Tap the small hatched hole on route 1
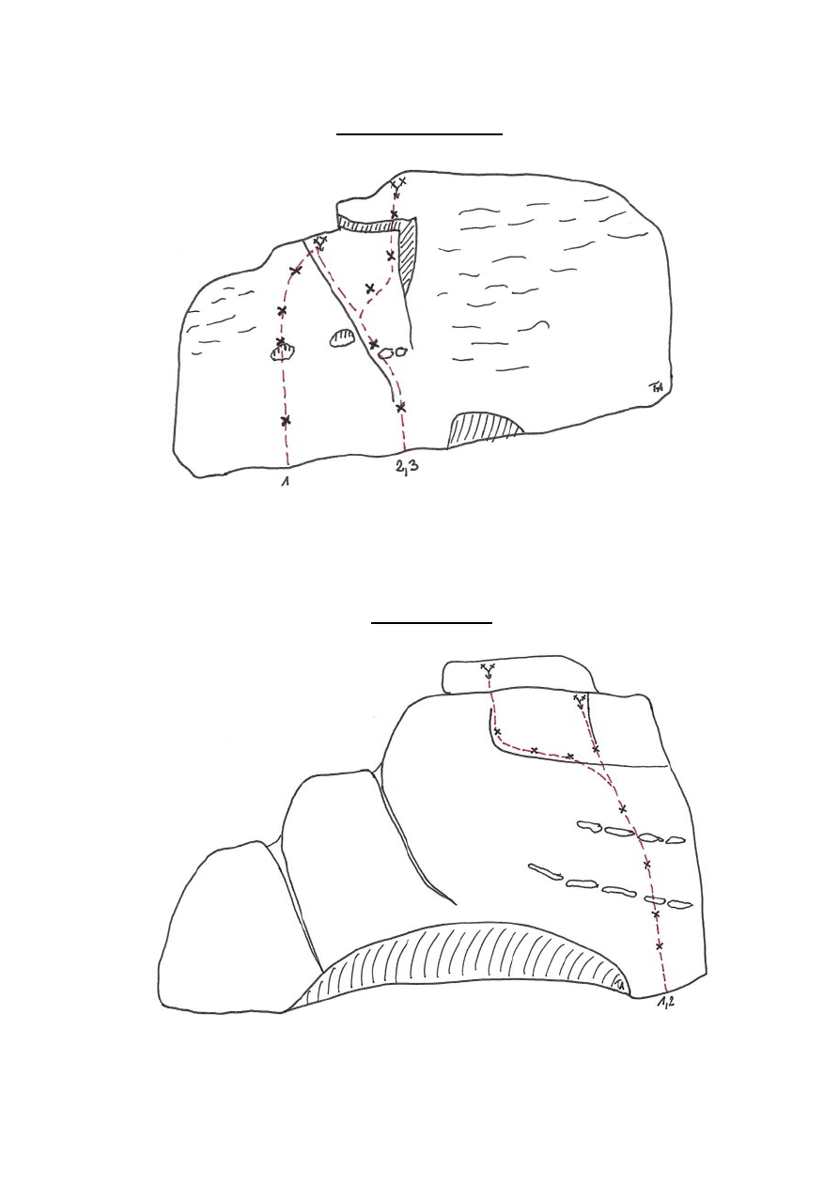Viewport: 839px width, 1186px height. [282, 353]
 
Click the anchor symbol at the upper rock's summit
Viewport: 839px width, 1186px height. [397, 185]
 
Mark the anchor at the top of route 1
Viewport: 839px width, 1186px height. [319, 242]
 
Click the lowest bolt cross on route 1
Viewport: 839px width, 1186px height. [286, 420]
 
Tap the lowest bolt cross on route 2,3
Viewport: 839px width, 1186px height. [401, 407]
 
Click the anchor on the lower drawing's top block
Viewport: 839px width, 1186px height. [488, 669]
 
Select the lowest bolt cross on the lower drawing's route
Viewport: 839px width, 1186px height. [660, 944]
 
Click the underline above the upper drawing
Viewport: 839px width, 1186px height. [420, 134]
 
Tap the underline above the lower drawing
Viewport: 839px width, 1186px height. [431, 622]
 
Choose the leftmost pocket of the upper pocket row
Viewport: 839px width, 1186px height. [588, 826]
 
